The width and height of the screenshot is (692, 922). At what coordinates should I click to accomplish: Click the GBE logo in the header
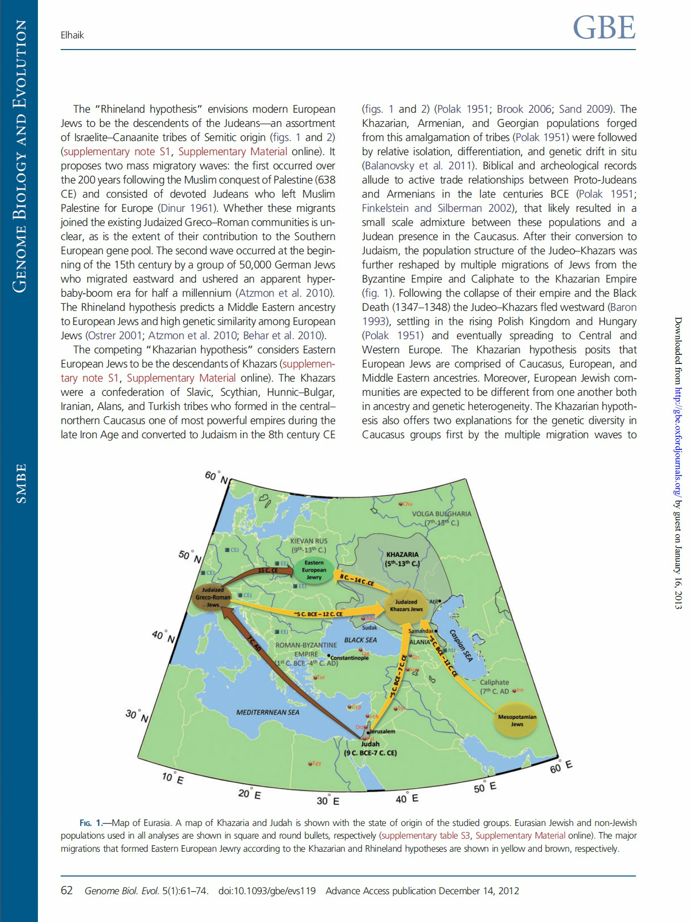tap(604, 28)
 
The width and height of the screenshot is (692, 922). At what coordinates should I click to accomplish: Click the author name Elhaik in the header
tap(72, 35)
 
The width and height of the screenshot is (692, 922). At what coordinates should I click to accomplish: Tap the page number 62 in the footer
tap(67, 890)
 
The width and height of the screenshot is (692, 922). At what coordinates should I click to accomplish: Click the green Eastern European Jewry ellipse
tap(314, 570)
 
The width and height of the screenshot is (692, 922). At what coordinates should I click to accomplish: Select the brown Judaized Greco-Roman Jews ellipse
tap(213, 597)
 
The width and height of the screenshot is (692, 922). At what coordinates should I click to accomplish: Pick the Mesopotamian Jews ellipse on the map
tap(517, 720)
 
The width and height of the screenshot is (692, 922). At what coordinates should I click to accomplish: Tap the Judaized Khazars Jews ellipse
tap(406, 605)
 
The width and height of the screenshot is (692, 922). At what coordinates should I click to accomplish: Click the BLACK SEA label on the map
tap(360, 640)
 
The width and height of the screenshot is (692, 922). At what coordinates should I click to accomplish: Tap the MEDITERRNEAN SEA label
tap(267, 712)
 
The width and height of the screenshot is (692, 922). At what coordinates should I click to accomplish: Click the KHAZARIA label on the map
tap(402, 555)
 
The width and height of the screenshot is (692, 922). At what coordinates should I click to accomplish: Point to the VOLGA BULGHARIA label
tap(441, 514)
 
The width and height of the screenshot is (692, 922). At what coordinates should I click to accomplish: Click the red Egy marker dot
tap(310, 763)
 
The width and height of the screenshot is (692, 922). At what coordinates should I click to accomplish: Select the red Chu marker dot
tap(400, 504)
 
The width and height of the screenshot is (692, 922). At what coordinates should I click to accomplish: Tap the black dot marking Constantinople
tap(329, 656)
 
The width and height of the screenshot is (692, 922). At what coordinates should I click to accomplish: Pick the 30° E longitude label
tap(328, 800)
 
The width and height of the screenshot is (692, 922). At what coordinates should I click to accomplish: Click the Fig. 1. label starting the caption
tap(91, 823)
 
